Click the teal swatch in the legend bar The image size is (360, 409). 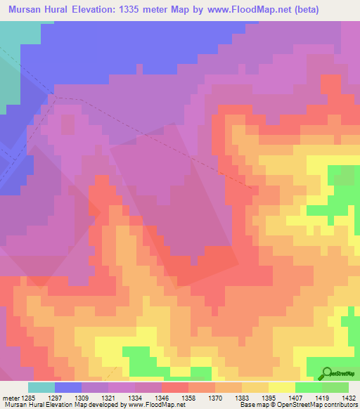[x=41, y=387]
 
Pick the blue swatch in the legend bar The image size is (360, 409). [x=68, y=387]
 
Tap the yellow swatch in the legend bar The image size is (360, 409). [x=282, y=387]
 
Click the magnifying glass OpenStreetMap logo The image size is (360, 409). [x=327, y=373]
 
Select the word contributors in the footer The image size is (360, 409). [x=339, y=405]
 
